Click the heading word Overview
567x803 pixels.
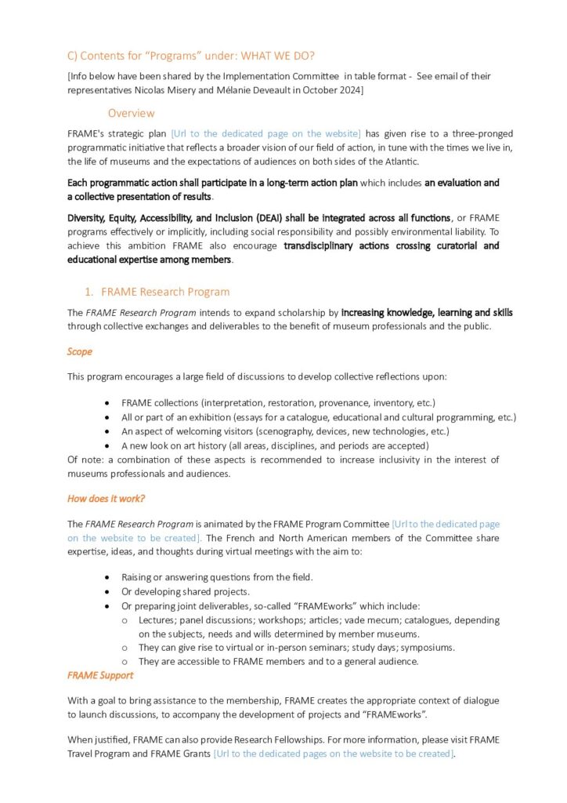[131, 113]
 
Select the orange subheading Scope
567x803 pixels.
[79, 351]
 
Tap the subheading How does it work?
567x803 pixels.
[106, 498]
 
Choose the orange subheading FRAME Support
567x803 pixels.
[100, 675]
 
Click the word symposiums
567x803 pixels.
[427, 648]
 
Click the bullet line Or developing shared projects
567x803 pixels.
[185, 591]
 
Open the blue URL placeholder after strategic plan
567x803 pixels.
[265, 133]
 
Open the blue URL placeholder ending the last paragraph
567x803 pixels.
[333, 754]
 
